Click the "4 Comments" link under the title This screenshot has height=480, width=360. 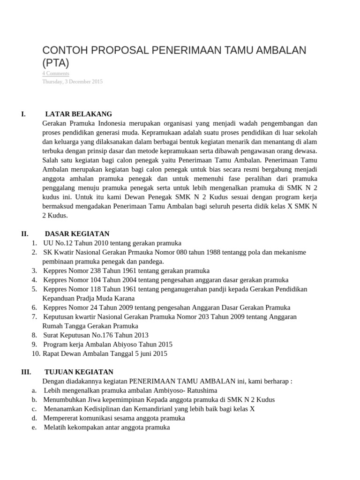[x=56, y=74]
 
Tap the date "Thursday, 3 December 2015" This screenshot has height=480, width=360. [x=72, y=82]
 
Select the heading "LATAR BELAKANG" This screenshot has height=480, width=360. [x=78, y=114]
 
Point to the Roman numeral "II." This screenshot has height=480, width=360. [x=25, y=233]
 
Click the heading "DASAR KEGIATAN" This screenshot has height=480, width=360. [x=77, y=233]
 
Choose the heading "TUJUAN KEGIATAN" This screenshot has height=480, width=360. [x=79, y=372]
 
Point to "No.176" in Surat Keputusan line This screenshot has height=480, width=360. [x=100, y=335]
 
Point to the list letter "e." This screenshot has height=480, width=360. [x=34, y=427]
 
